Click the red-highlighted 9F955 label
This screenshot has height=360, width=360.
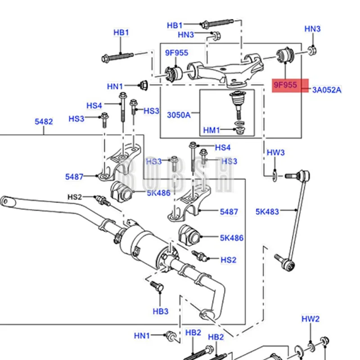286,84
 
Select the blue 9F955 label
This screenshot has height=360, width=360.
176,53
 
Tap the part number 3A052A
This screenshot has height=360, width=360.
327,90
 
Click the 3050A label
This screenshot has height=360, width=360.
179,115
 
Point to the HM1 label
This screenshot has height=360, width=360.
211,130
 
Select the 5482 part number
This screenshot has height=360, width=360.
44,121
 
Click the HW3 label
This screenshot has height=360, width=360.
276,153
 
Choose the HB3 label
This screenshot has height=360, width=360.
160,311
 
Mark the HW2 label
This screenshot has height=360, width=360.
310,319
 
